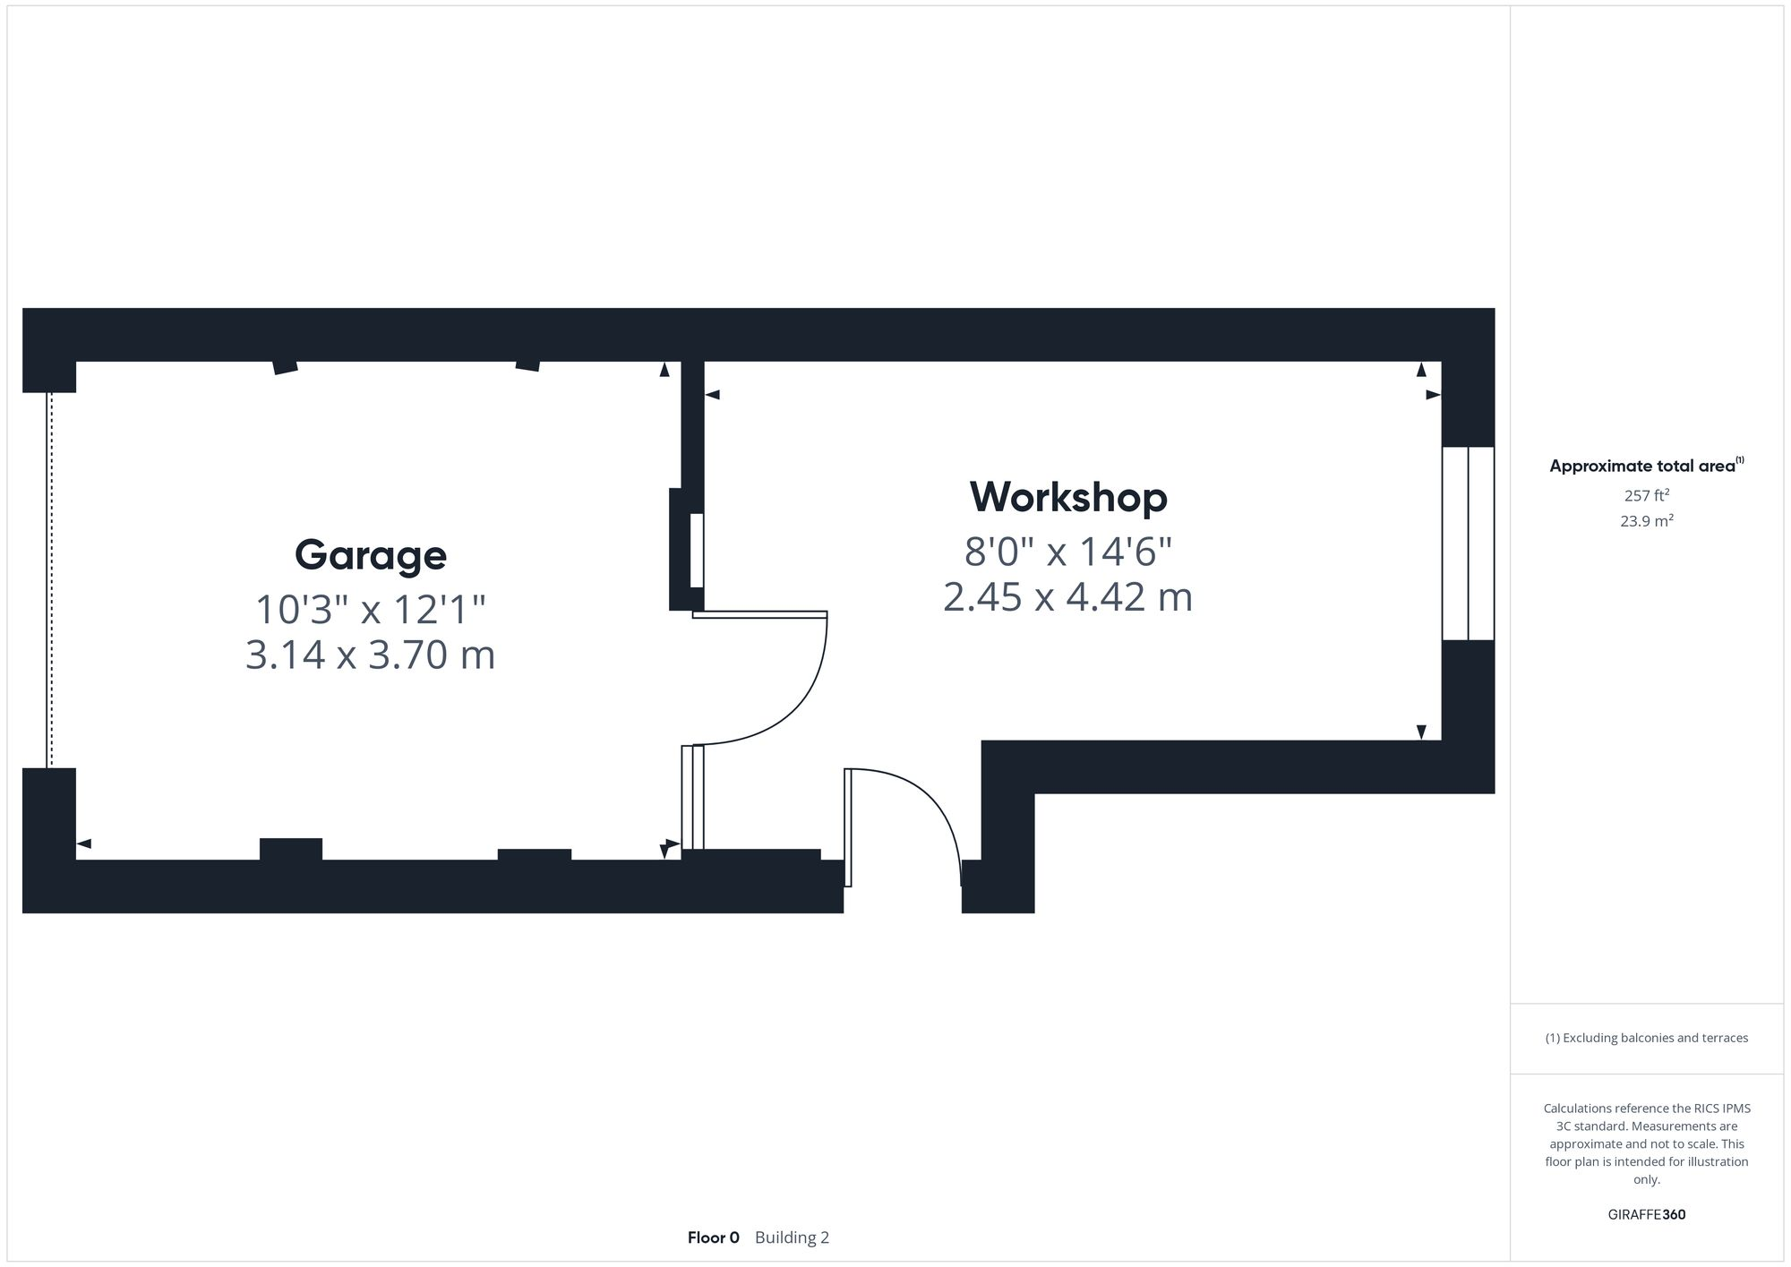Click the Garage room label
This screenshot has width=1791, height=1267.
[x=371, y=555]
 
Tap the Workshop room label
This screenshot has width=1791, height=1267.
[x=1068, y=497]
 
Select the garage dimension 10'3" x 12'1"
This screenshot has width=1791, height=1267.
[x=371, y=610]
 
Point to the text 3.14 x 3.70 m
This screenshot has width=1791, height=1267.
[x=371, y=655]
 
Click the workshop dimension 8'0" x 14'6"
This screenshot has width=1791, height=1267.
[x=1068, y=552]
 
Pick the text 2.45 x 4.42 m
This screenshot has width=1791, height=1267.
[x=1068, y=597]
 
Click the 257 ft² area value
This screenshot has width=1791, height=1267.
[x=1646, y=495]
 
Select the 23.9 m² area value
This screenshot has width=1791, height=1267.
[x=1646, y=521]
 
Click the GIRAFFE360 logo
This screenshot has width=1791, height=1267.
[x=1646, y=1215]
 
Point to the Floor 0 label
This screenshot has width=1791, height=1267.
[x=714, y=1237]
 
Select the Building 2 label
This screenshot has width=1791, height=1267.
[x=792, y=1237]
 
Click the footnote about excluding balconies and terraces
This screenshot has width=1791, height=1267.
[x=1646, y=1038]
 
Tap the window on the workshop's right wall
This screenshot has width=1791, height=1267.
[x=1468, y=544]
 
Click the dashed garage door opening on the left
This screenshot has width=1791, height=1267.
[x=49, y=580]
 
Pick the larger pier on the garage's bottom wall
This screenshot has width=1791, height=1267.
[x=291, y=849]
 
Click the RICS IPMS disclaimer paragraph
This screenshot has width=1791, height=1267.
[x=1646, y=1143]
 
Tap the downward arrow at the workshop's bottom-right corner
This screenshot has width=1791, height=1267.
[x=1421, y=732]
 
